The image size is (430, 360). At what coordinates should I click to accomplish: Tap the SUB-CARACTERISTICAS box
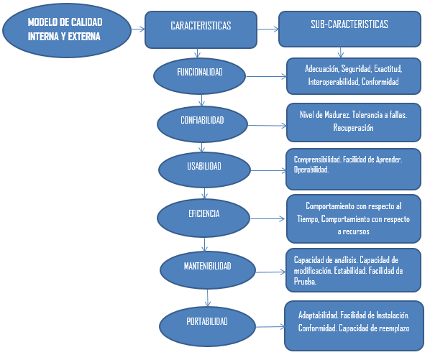click(x=349, y=27)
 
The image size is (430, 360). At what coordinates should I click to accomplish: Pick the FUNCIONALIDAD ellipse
click(x=200, y=74)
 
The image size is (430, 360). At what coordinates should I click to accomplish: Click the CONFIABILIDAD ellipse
click(x=203, y=120)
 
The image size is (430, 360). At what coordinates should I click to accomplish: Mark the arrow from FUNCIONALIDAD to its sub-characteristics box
click(x=265, y=75)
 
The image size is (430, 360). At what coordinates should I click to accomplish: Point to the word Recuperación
click(x=353, y=128)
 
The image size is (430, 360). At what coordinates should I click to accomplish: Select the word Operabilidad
click(x=311, y=170)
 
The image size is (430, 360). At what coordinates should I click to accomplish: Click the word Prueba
click(x=307, y=282)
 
